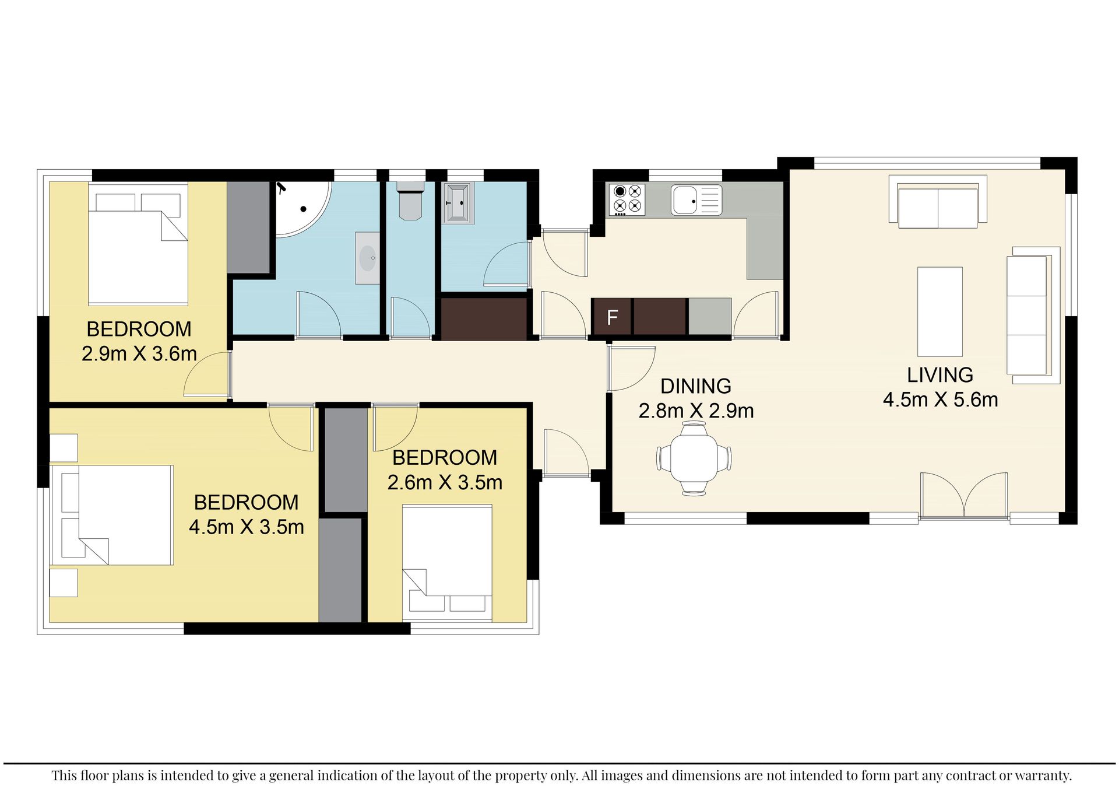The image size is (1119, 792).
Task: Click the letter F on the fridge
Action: point(612,317)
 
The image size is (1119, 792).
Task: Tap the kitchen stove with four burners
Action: point(627,199)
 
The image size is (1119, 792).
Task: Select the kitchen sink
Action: point(696,200)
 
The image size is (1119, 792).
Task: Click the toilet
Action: point(411,201)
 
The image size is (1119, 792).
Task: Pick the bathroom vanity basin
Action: point(367,258)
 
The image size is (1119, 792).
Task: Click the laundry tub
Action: point(458,204)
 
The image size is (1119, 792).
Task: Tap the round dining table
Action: point(694,458)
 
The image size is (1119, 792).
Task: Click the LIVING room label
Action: point(940,375)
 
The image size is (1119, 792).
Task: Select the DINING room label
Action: point(696,386)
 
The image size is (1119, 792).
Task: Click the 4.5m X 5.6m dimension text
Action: point(940,400)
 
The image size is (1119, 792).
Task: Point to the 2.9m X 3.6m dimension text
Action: point(139,354)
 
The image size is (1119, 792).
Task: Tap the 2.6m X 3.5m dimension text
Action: point(445,483)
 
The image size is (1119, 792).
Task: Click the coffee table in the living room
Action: point(939,311)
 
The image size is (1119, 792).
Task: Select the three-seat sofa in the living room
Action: point(1033,315)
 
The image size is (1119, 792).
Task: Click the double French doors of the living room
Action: point(964,495)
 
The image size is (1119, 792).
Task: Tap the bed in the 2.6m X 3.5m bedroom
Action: point(447,563)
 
